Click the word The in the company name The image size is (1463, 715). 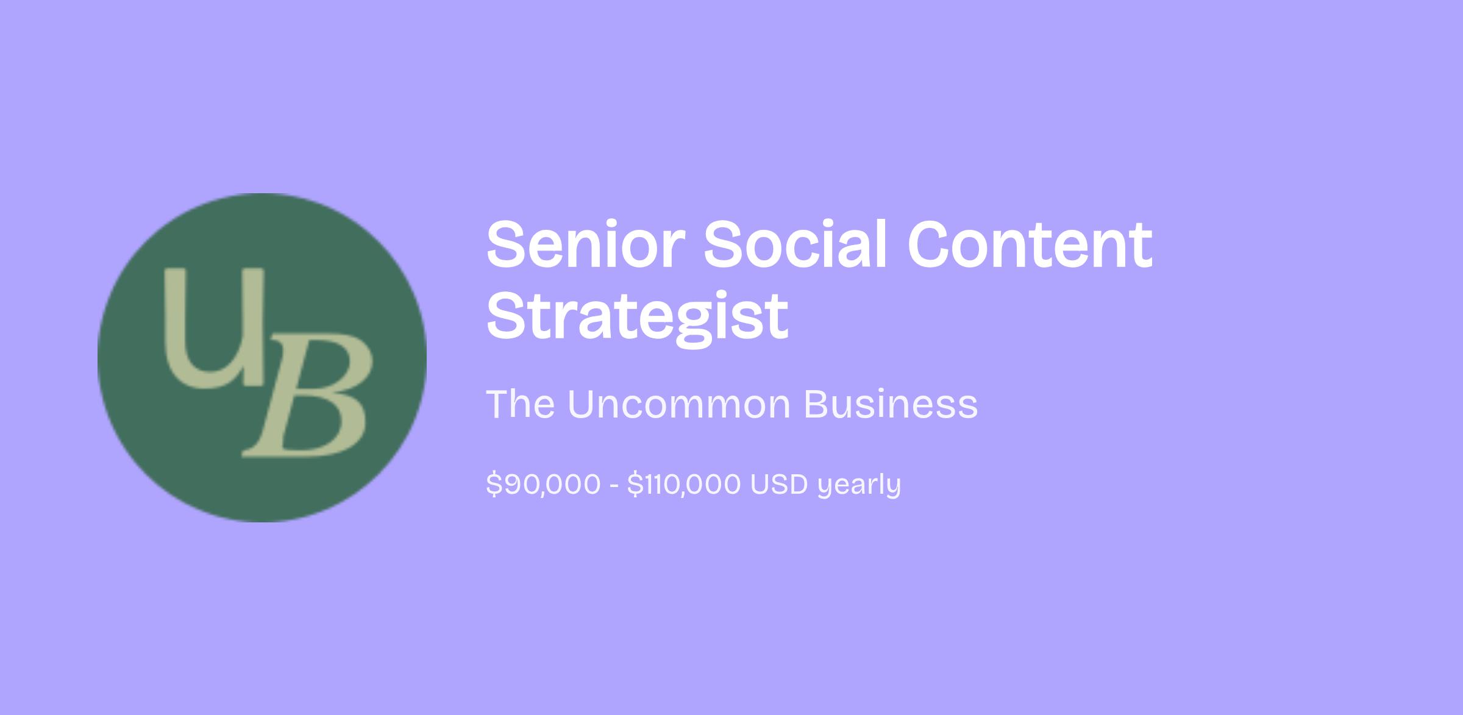coord(521,404)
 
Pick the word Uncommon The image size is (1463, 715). coord(679,404)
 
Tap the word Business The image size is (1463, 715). coord(891,404)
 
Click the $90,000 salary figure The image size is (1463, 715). coord(543,485)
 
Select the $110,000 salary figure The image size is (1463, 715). coord(684,485)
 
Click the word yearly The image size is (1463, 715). coord(859,486)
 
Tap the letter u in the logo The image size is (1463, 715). coord(215,327)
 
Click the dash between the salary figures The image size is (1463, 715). coord(614,486)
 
